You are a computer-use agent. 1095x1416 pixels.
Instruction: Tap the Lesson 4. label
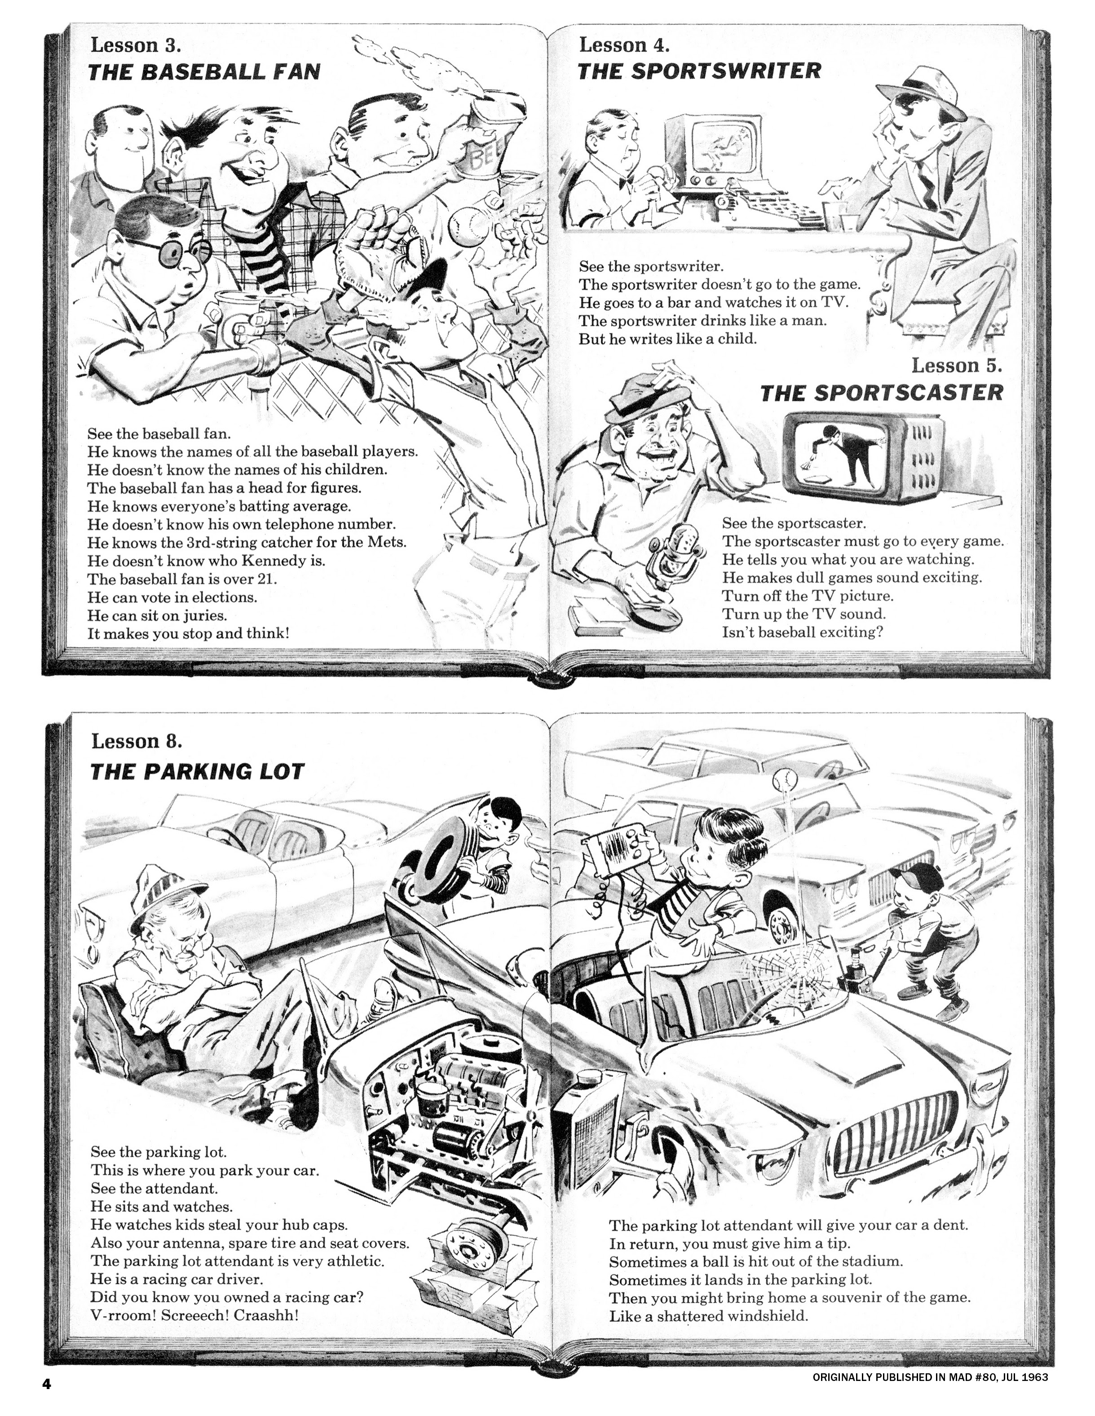[624, 45]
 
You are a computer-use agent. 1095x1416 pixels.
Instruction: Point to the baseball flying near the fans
[465, 226]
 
